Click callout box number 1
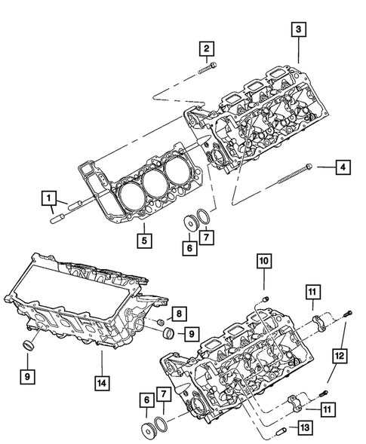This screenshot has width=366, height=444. [49, 199]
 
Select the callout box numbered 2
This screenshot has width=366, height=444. [205, 49]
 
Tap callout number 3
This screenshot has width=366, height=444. [299, 29]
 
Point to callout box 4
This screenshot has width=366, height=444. [341, 166]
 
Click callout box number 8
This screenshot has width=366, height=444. [178, 312]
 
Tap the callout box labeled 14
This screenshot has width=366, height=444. [100, 382]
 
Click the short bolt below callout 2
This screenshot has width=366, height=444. [209, 70]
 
